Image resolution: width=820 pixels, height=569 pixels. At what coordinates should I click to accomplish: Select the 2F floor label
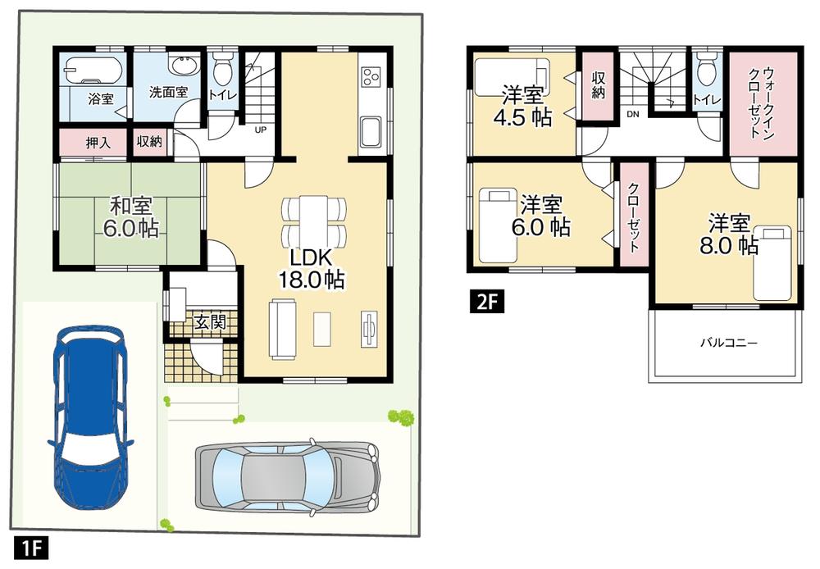point(484,302)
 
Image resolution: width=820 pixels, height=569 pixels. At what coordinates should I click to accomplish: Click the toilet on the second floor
point(705,68)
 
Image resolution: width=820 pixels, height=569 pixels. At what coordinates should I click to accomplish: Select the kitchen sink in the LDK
point(370,131)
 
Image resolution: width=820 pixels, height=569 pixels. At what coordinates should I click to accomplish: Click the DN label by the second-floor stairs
point(632,114)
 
